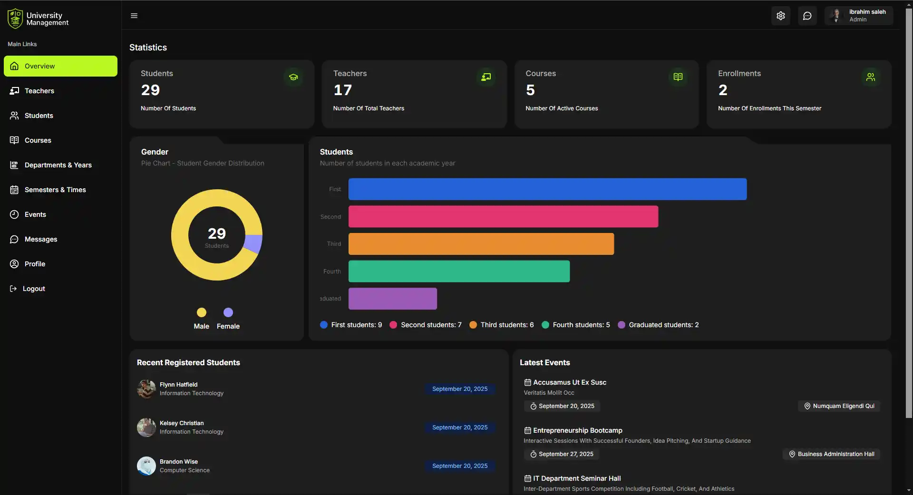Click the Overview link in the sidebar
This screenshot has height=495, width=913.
(x=60, y=66)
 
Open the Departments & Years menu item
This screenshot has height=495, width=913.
(x=58, y=165)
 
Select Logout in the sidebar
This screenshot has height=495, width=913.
(x=34, y=289)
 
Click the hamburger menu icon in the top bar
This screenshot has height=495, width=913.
(x=134, y=16)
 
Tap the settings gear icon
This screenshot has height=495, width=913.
(x=780, y=16)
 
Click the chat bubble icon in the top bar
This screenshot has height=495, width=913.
(x=807, y=16)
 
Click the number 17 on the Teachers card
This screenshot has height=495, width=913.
(x=342, y=90)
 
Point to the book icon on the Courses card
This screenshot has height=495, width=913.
(x=678, y=77)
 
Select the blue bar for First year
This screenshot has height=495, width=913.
(x=547, y=189)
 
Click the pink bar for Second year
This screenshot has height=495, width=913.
(x=503, y=217)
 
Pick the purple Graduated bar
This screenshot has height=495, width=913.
(x=392, y=299)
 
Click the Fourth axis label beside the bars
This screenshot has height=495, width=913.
(x=332, y=272)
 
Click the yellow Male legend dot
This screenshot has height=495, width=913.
(x=202, y=312)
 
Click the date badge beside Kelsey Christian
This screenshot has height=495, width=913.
(x=459, y=427)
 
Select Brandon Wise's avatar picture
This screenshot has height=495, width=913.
(x=146, y=466)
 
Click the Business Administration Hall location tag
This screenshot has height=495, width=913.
(x=831, y=454)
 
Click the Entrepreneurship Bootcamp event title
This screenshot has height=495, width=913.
(x=577, y=430)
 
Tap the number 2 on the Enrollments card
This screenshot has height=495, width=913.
(x=723, y=90)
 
